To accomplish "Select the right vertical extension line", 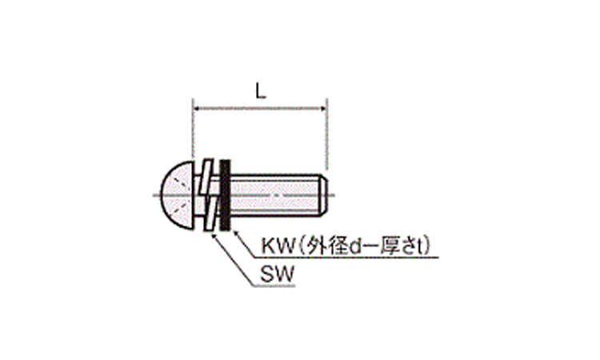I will tap(325, 136).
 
